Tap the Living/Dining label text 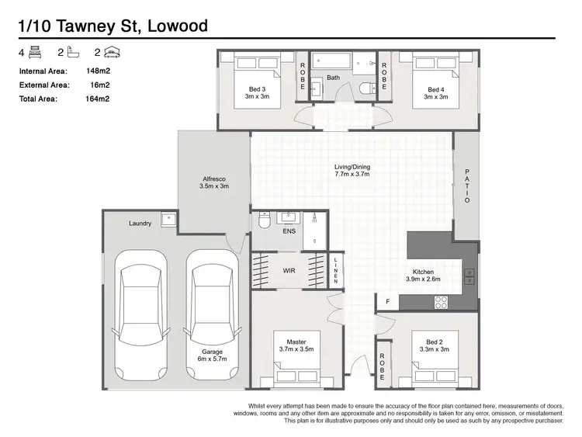click(x=352, y=166)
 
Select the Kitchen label click(x=423, y=272)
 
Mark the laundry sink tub click(x=168, y=220)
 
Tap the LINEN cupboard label click(x=336, y=270)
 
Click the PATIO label click(x=467, y=186)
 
